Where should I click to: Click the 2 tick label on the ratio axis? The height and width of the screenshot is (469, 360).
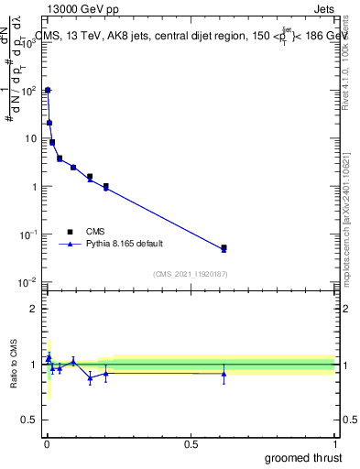click(x=32, y=309)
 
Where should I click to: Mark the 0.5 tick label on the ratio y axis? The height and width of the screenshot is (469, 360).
click(x=27, y=421)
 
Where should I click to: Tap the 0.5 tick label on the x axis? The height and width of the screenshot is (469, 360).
click(x=191, y=443)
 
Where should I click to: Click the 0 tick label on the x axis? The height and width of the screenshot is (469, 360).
click(x=47, y=443)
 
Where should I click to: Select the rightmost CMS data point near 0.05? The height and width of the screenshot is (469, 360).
click(x=224, y=247)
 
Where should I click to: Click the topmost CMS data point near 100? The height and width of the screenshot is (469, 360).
click(x=48, y=91)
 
